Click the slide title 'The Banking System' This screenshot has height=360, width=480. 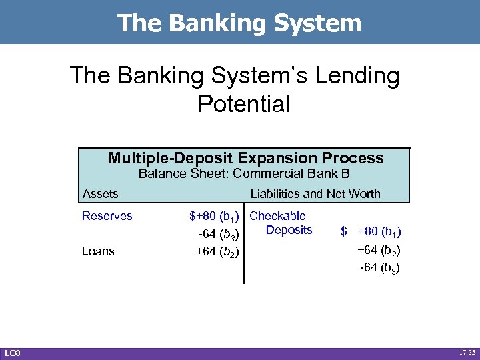click(x=239, y=23)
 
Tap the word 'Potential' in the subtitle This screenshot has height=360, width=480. click(x=244, y=104)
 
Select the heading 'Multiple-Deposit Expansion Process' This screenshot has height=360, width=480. click(x=245, y=158)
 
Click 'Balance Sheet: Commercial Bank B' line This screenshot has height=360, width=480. click(x=244, y=175)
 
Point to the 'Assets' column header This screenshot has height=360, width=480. click(x=100, y=194)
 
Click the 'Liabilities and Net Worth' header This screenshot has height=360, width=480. click(x=315, y=194)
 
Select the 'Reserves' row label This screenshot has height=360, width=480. click(x=107, y=216)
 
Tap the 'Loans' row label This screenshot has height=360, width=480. click(x=98, y=251)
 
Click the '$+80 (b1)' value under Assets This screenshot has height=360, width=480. click(x=214, y=216)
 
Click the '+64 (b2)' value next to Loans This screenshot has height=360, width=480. click(x=218, y=251)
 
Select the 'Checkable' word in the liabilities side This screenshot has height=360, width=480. click(x=277, y=216)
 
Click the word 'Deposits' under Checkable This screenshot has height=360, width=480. click(x=289, y=230)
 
